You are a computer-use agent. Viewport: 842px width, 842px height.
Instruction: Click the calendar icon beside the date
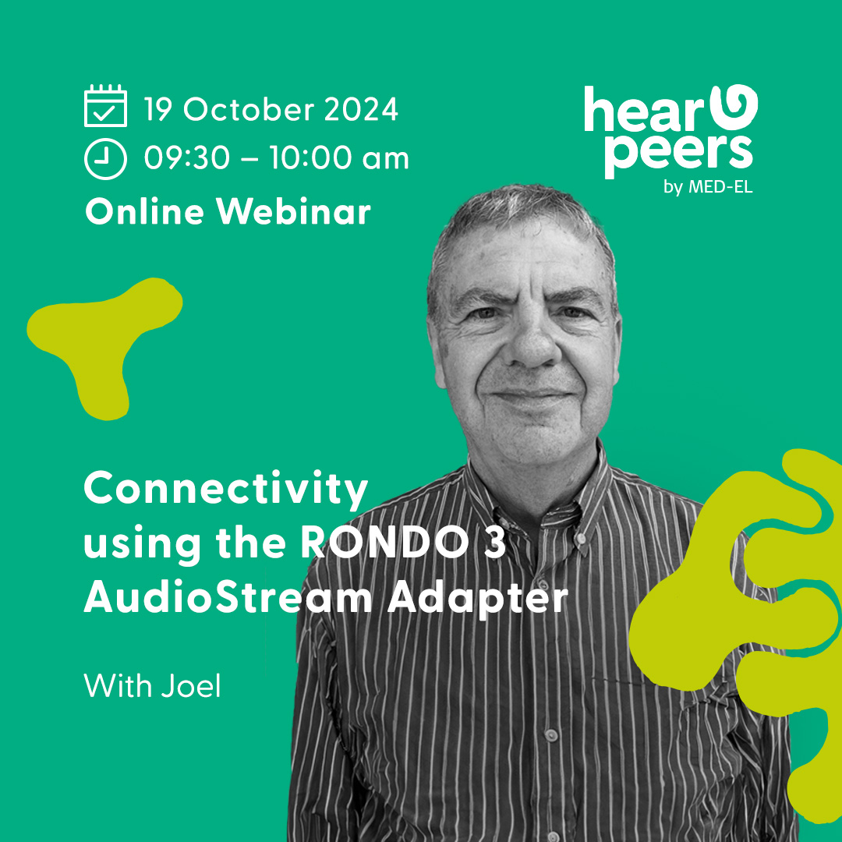105,106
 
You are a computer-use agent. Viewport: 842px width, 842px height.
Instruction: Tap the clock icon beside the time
105,158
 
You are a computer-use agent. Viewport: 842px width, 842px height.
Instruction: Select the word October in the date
248,110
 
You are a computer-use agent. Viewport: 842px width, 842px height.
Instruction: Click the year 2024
361,110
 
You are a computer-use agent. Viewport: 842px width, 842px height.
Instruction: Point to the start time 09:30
187,158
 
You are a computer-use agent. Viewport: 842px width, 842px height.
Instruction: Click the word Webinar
293,211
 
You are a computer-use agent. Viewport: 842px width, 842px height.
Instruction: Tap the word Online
144,211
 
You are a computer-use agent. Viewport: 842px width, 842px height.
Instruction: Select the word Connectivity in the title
226,490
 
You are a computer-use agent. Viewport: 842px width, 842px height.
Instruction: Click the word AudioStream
228,597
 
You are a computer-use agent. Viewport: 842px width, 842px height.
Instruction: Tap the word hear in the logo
644,110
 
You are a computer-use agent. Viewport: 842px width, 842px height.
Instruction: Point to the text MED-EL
720,187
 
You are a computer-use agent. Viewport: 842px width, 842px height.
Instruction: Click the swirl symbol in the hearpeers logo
734,106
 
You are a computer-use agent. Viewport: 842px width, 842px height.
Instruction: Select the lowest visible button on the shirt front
550,734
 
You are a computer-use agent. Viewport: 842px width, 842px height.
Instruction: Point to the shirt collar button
582,536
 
